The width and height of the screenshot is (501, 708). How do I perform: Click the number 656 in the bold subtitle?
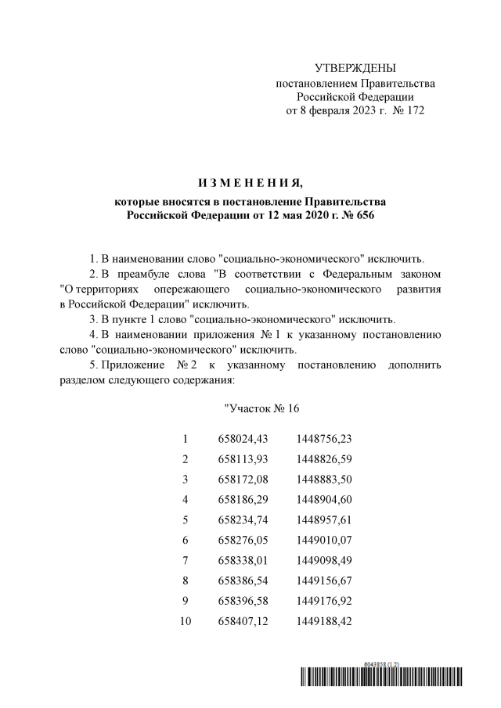click(x=365, y=215)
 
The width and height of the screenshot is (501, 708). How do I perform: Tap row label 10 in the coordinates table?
click(x=186, y=621)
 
